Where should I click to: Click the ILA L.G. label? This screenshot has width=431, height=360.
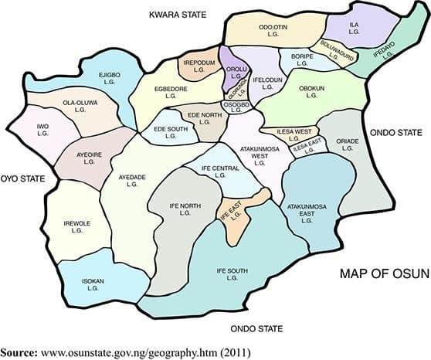tap(355, 29)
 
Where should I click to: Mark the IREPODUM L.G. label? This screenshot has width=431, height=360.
tap(199, 65)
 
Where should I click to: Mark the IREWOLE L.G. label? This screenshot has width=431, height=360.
tap(76, 226)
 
